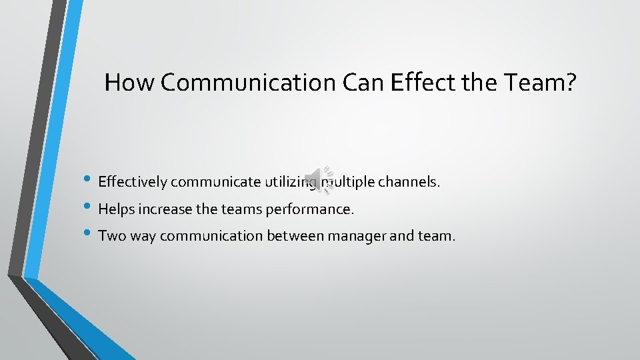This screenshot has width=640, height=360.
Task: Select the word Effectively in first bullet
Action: tap(133, 182)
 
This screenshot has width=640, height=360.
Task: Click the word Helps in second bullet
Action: tap(115, 209)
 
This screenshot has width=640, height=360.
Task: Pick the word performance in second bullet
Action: tap(310, 209)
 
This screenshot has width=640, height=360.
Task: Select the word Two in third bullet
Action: tap(111, 236)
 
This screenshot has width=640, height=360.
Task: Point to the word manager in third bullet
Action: tap(375, 236)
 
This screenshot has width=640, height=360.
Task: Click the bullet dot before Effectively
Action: tap(89, 181)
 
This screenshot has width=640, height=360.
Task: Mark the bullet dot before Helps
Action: tap(89, 208)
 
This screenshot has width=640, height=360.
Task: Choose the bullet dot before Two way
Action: tap(89, 235)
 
